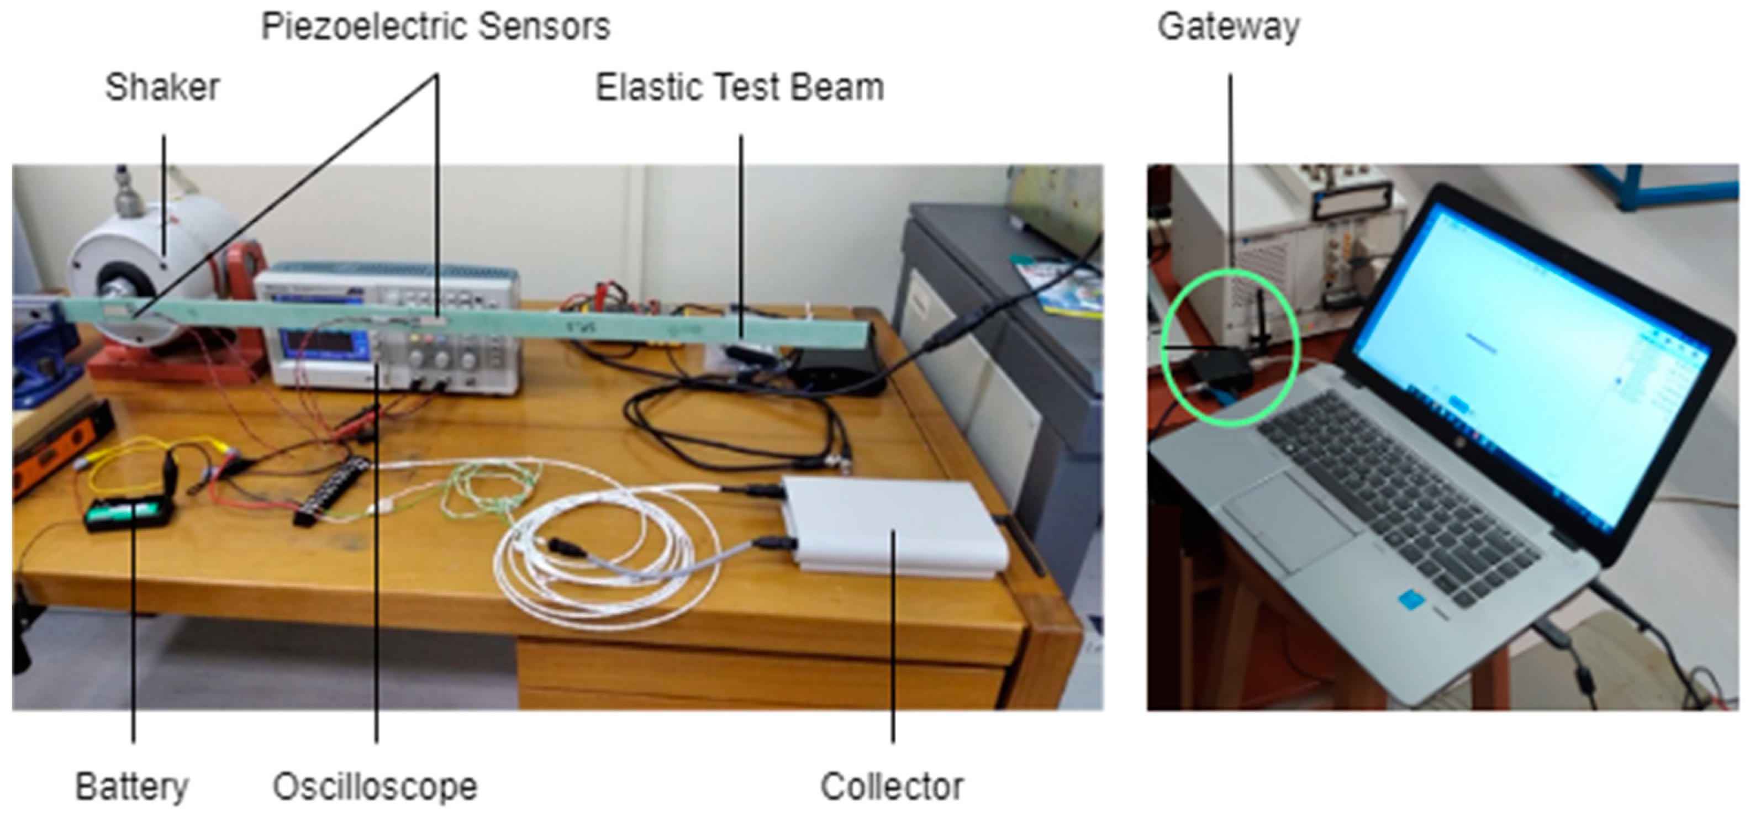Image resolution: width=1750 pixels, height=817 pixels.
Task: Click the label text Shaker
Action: [162, 88]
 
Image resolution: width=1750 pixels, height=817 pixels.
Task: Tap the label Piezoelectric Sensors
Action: [435, 27]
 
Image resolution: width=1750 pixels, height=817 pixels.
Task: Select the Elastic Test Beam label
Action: [739, 88]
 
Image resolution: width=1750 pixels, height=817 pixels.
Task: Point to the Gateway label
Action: [1229, 27]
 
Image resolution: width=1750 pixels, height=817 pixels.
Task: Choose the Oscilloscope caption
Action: [375, 787]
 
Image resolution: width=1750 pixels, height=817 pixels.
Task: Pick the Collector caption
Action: [892, 787]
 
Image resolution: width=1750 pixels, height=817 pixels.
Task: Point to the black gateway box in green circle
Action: [1220, 367]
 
